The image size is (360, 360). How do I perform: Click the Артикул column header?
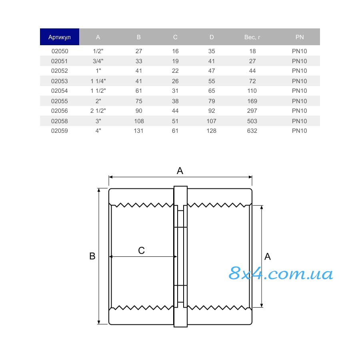[60, 37]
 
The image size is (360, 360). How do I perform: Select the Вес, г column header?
[252, 37]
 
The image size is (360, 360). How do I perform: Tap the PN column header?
[299, 37]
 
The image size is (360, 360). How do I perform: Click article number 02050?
[60, 51]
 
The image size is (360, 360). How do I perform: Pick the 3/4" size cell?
[98, 61]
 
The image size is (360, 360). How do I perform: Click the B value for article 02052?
[139, 71]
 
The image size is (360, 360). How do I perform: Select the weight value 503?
[252, 121]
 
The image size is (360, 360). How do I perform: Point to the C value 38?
[175, 101]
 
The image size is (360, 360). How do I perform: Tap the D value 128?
[212, 131]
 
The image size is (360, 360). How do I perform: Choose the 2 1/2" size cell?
[98, 111]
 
